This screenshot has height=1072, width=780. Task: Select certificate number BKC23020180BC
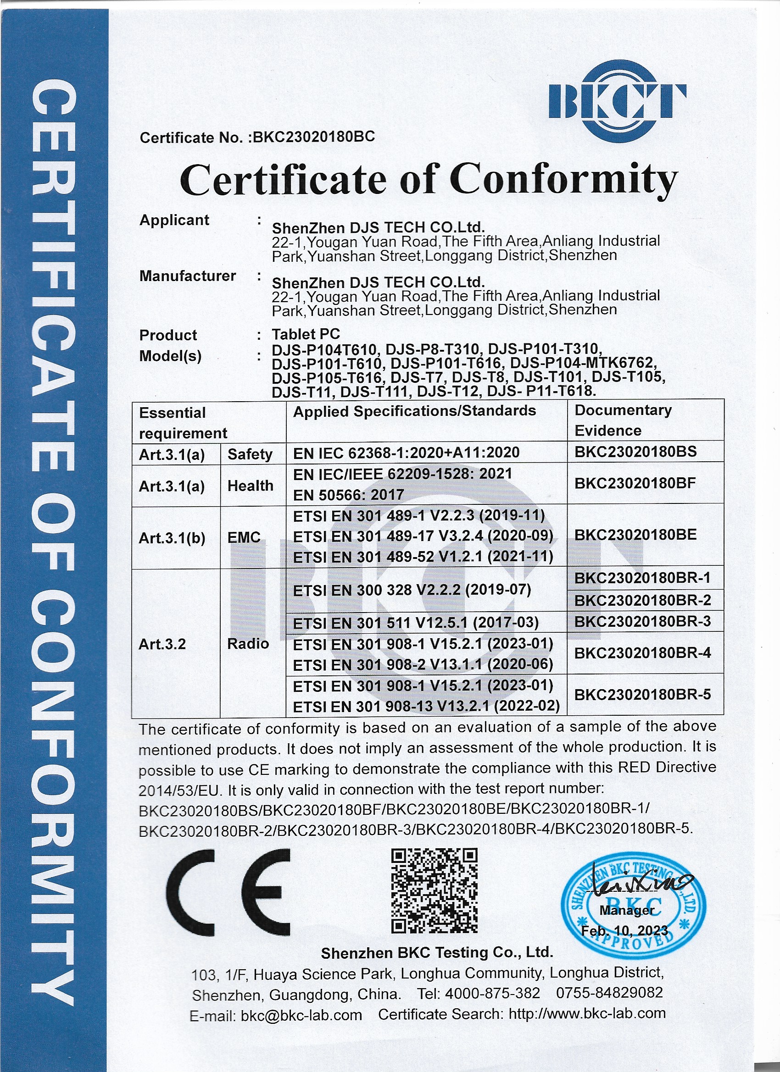coord(314,137)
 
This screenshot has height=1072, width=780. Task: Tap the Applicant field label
coord(174,220)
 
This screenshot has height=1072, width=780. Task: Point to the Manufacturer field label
coord(187,276)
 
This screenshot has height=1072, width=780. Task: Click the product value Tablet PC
coord(306,334)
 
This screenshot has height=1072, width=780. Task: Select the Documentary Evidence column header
coord(623,420)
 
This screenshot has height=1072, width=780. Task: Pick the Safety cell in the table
coord(250,454)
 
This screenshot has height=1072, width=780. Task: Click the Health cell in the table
coord(250,486)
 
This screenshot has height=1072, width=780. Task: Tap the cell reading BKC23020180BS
coord(635,451)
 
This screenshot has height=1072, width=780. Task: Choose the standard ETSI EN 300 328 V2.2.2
coord(412,590)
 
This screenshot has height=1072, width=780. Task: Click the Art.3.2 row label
coord(162,644)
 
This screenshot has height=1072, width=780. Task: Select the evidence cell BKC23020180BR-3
coord(642,621)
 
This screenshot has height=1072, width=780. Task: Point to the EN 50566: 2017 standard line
coord(349,495)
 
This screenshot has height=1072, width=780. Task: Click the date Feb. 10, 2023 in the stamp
coord(624,931)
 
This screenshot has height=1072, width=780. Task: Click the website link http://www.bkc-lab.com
coord(587,1013)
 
